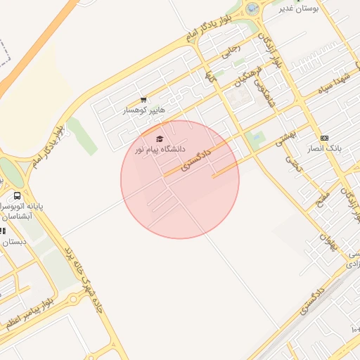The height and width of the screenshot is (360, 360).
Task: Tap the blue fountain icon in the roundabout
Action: point(252,8)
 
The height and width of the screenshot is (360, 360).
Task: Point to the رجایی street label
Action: point(231,50)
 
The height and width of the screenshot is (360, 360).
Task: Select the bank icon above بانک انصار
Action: point(324,139)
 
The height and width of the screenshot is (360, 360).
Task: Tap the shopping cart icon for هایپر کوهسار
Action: point(143,100)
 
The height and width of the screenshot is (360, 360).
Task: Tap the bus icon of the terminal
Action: point(17,196)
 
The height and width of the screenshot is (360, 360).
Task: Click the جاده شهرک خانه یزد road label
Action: point(84,274)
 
